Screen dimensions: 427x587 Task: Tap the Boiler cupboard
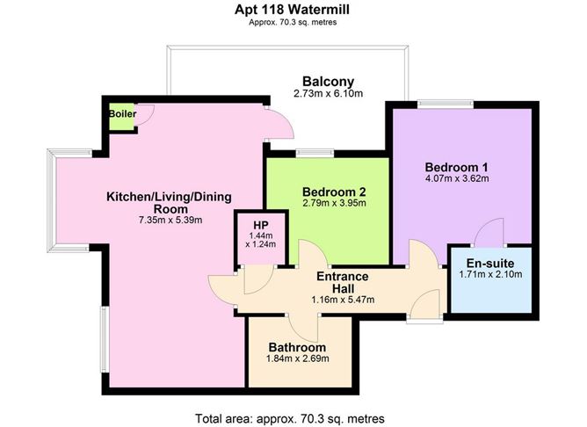point(121,118)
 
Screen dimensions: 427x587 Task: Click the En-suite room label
point(490,264)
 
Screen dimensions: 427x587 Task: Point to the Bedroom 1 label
point(456,168)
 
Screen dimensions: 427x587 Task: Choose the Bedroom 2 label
point(333,192)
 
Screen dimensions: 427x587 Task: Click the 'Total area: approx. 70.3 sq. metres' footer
point(294,416)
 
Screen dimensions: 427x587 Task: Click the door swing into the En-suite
point(486,235)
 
